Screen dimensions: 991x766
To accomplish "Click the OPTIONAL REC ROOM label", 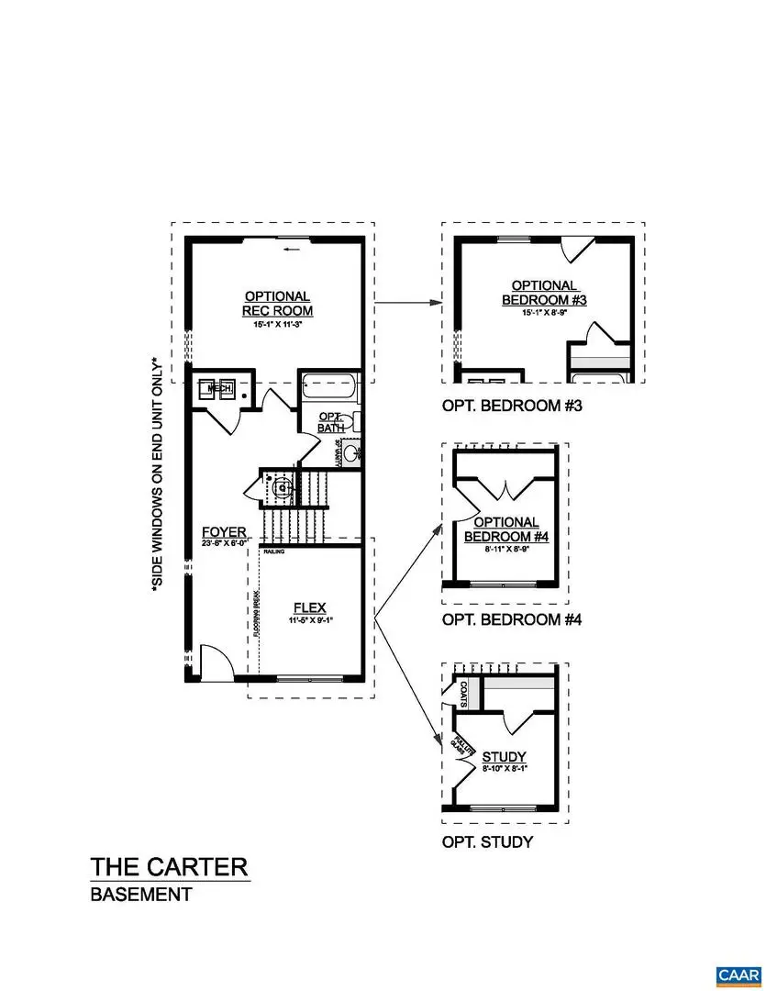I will click(277, 303).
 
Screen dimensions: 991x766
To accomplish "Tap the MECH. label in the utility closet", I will click(219, 389).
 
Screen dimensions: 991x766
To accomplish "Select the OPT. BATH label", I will click(329, 423).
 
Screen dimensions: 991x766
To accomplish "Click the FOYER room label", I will click(225, 532).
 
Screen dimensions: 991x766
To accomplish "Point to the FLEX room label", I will click(309, 607).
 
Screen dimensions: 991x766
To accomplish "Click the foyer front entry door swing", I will click(212, 661).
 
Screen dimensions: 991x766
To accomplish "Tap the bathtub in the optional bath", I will click(331, 385).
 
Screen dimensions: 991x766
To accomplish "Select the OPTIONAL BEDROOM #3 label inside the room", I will click(544, 293).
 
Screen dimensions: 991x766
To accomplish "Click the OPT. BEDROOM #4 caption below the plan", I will click(512, 619).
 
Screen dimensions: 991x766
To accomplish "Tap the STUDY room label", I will click(504, 756).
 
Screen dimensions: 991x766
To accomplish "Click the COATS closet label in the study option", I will click(464, 695).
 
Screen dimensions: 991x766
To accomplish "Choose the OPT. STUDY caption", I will click(487, 841).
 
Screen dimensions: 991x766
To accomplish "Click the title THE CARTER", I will click(169, 866).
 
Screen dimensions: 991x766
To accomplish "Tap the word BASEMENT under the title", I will click(141, 895).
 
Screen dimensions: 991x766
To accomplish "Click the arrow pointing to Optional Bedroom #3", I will click(404, 302).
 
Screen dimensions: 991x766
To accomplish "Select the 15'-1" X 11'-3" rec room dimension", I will click(276, 323).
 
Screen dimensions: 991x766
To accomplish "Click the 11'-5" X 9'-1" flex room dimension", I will click(309, 620).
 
